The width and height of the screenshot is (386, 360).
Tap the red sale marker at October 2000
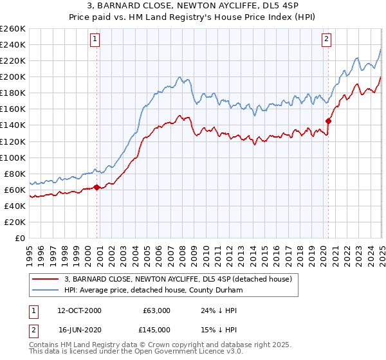click(97, 188)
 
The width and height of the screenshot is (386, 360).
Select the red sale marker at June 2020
click(328, 120)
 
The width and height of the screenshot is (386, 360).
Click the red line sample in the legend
click(46, 279)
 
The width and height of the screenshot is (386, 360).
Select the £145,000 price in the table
click(154, 330)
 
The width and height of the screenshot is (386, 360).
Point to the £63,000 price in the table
click(154, 310)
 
